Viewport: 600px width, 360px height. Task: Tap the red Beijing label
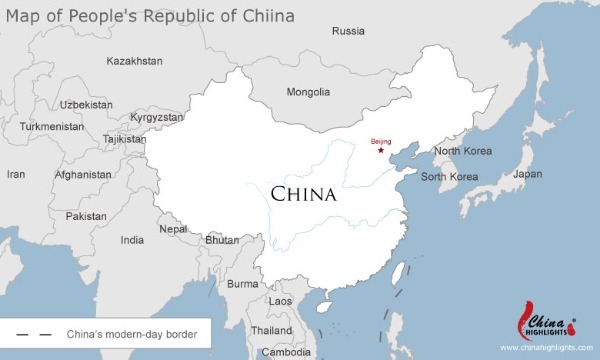381,141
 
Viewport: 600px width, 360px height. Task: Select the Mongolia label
308,92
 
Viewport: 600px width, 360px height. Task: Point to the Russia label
348,30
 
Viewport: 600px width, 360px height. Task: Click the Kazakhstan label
134,61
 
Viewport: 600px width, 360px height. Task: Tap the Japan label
527,173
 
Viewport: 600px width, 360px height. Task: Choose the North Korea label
463,152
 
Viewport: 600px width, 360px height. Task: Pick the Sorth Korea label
449,177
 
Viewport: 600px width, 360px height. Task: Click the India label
132,240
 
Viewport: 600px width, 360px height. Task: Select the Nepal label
173,228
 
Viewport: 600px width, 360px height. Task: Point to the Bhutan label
222,240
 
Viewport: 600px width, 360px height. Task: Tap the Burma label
243,284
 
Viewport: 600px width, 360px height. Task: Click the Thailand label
272,330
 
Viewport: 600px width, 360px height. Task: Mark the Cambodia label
287,352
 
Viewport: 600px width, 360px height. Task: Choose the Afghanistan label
84,174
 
